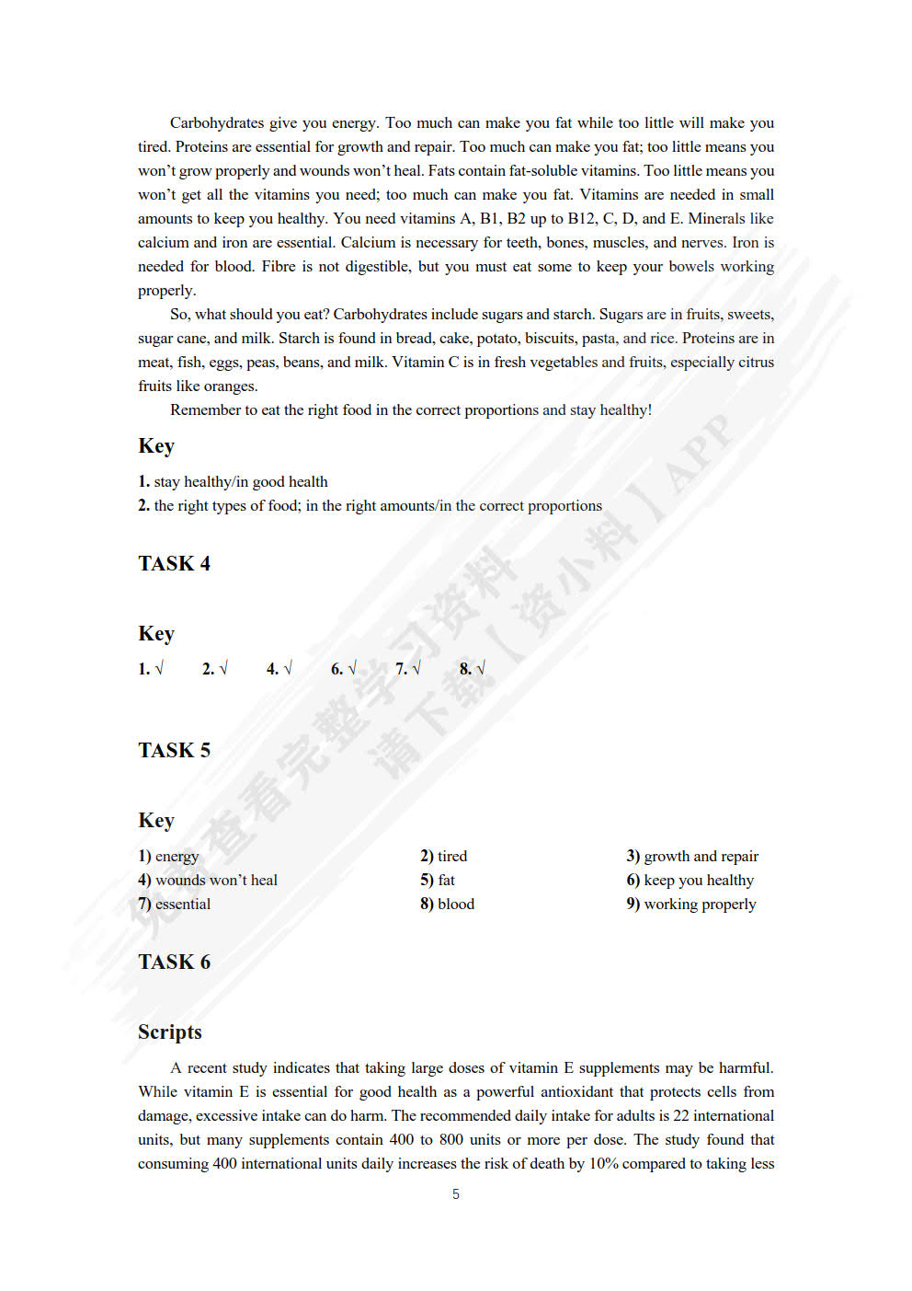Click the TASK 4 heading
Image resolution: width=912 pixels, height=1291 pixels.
tap(174, 563)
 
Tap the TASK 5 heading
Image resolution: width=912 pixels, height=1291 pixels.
tap(174, 750)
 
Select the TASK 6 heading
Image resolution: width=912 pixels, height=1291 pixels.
tap(174, 962)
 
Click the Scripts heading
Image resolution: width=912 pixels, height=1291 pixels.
tap(170, 1032)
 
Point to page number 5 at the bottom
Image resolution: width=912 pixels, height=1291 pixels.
tap(456, 1193)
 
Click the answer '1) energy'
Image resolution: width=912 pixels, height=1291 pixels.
tap(168, 856)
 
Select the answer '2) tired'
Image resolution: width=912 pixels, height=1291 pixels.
tap(444, 856)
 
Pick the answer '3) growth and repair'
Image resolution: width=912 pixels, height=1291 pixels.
tap(692, 856)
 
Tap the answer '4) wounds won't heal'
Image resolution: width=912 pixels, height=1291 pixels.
tap(208, 880)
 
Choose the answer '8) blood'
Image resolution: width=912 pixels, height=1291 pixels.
tap(448, 904)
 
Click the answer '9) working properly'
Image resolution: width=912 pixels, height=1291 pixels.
tap(691, 904)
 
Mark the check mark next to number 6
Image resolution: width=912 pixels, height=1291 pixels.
tap(352, 669)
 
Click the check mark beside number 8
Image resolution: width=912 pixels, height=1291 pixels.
tap(481, 669)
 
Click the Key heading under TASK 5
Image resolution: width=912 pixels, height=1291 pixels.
tap(156, 820)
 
